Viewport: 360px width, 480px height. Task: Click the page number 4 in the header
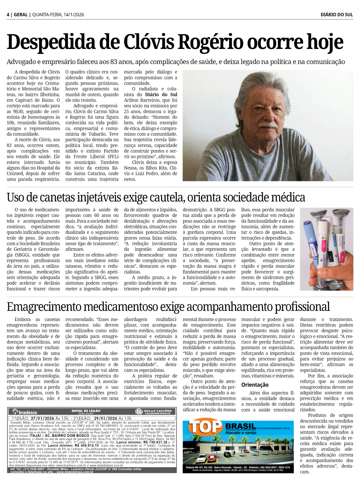coord(8,14)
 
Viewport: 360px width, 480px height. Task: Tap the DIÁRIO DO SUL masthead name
coord(337,14)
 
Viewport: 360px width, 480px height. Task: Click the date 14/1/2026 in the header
coord(73,14)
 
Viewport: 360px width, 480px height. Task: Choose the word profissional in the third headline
coord(302,307)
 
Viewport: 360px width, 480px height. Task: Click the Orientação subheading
coord(255,385)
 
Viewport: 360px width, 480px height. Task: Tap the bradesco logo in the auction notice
coord(24,412)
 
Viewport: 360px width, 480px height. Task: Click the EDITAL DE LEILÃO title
coord(86,411)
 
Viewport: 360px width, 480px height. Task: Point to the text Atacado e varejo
coord(240,433)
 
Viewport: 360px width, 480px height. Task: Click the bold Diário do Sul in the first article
coord(161,95)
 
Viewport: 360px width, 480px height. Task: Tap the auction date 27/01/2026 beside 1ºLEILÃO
coord(42,418)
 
